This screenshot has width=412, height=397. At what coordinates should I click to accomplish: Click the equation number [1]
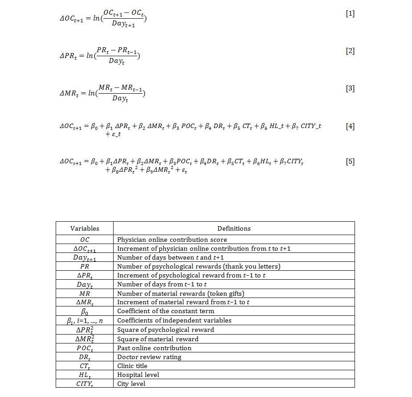[x=350, y=13]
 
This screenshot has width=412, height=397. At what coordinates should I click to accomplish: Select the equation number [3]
[x=350, y=88]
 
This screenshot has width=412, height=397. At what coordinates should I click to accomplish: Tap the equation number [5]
[x=350, y=161]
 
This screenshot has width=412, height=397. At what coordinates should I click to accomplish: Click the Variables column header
[x=85, y=228]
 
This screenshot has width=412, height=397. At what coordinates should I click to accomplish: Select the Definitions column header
[x=234, y=228]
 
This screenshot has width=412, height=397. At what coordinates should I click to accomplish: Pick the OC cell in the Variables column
[x=85, y=240]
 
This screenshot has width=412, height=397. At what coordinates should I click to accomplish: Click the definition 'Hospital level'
[x=138, y=375]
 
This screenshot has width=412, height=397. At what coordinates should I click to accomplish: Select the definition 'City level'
[x=131, y=384]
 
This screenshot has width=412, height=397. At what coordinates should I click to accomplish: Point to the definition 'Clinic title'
[x=132, y=366]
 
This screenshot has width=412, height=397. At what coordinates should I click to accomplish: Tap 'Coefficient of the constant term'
[x=166, y=311]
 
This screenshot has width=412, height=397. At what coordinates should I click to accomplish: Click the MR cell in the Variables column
[x=85, y=293]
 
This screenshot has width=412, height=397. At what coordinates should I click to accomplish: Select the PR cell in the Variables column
[x=85, y=266]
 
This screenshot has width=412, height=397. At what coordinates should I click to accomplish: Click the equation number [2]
[x=350, y=51]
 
